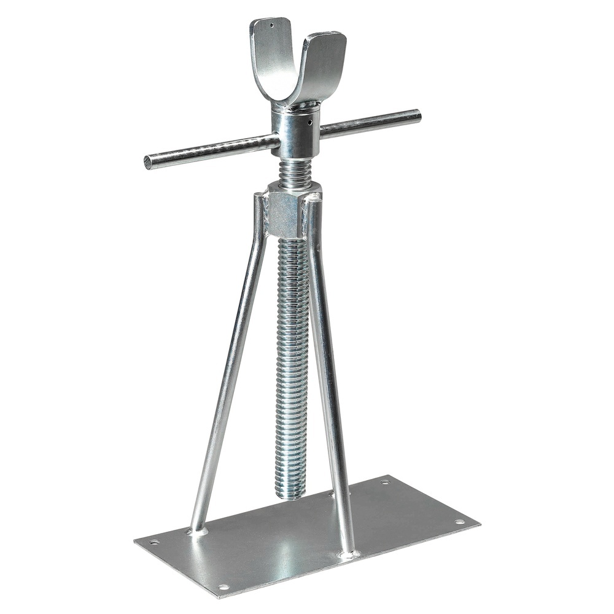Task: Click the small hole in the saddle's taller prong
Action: pos(271,26)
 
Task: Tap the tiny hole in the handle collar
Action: pos(311,122)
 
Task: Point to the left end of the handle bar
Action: pos(148,163)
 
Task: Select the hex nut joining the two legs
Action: pos(285,214)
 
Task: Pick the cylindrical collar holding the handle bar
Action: pos(297,132)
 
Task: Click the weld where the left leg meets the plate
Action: pos(197,530)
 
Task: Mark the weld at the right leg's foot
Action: pos(348,554)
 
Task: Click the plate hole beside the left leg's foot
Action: pos(153,542)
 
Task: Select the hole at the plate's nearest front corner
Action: pos(224,587)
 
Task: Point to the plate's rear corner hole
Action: pos(384,482)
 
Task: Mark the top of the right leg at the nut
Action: pos(313,200)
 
